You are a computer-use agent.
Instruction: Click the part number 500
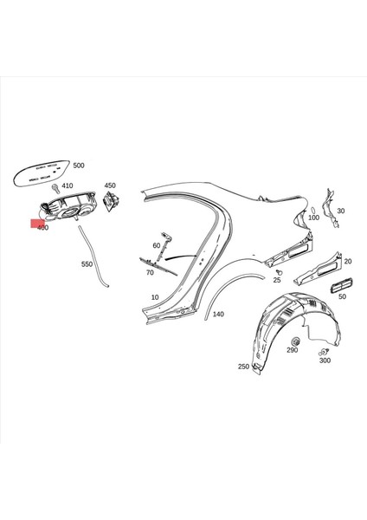(79, 165)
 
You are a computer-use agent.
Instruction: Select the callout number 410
(67, 185)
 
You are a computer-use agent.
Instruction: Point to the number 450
(110, 185)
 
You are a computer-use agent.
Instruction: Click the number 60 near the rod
(157, 246)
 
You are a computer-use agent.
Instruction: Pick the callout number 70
(150, 272)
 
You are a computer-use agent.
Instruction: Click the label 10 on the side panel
(155, 297)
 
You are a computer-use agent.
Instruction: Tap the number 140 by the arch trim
(218, 314)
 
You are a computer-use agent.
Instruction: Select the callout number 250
(243, 367)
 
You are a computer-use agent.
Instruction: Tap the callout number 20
(347, 261)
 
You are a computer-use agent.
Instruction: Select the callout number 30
(340, 211)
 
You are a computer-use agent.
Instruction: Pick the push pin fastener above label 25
(278, 270)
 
